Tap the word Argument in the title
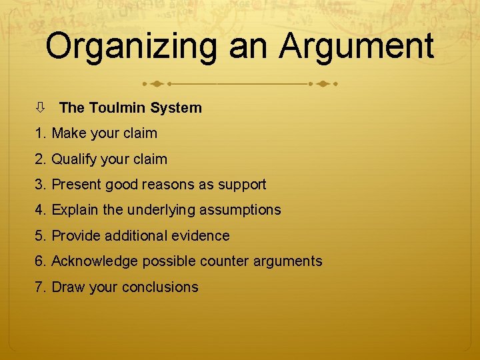point(356,47)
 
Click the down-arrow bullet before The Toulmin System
point(41,107)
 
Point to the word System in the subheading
point(176,107)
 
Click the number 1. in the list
point(41,133)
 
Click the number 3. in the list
point(41,185)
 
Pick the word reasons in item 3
point(172,185)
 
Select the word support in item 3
point(241,185)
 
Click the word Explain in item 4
point(75,210)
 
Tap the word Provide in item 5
point(75,236)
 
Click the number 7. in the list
point(41,287)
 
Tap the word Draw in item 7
point(67,287)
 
